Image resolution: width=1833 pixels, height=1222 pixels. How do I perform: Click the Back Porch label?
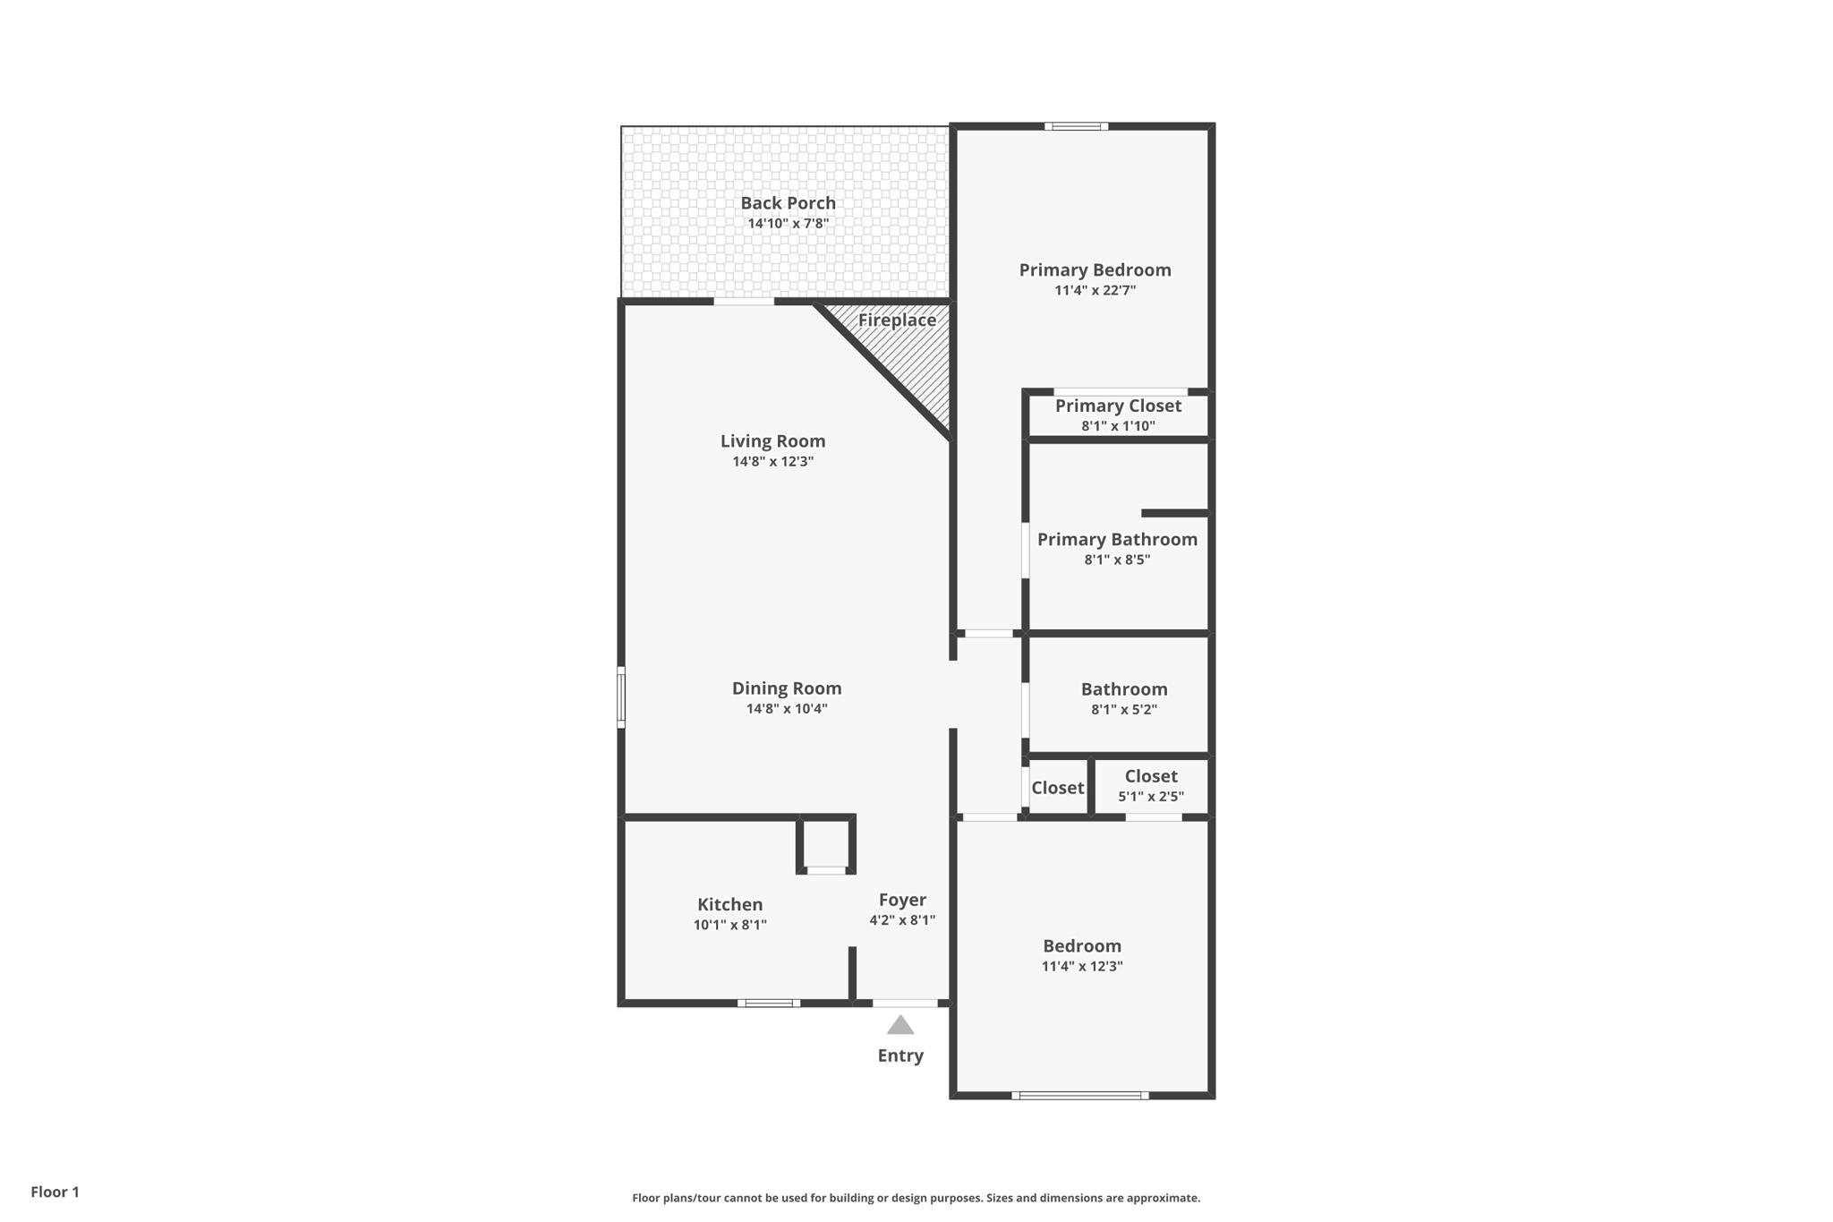[788, 203]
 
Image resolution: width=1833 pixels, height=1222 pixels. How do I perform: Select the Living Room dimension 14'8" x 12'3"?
[772, 462]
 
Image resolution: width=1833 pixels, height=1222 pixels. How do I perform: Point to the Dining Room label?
[787, 688]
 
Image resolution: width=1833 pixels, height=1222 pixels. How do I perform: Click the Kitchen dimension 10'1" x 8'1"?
[729, 926]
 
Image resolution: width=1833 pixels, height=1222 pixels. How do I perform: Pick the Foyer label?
[902, 901]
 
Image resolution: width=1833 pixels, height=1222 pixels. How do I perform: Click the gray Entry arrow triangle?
[900, 1026]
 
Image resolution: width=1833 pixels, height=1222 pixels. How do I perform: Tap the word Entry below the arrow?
[900, 1056]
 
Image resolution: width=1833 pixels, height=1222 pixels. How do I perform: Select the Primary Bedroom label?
[1095, 270]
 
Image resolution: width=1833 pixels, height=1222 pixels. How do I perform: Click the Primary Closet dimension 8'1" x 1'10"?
[1118, 426]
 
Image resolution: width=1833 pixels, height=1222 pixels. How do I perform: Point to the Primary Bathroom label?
[1117, 540]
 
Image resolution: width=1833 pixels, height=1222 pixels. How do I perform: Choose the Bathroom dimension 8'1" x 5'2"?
[1123, 710]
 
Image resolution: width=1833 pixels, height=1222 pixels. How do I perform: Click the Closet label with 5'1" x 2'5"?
[1151, 777]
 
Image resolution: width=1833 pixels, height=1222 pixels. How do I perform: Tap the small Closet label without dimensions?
[1057, 788]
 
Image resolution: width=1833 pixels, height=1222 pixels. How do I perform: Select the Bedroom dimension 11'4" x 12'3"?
[1081, 967]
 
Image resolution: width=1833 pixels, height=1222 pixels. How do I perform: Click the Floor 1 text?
[55, 1192]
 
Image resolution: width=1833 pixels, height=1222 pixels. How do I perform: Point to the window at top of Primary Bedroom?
[1076, 126]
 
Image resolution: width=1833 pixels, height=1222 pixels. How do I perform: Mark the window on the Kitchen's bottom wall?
[769, 1004]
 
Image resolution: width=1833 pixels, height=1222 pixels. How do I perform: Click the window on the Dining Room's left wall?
[621, 696]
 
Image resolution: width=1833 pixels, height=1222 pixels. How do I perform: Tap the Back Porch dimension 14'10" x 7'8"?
[788, 224]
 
